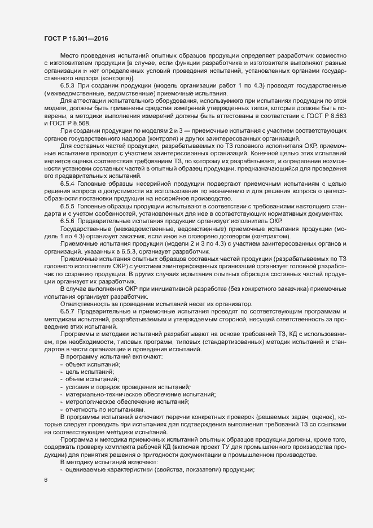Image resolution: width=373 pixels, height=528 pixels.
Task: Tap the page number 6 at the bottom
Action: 46,482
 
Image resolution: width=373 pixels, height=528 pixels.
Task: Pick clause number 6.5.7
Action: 69,312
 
